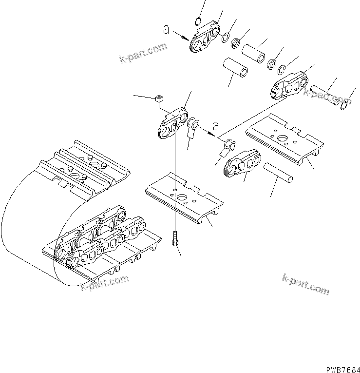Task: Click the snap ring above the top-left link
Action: (x=198, y=20)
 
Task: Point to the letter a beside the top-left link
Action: (x=167, y=30)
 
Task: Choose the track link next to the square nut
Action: (x=172, y=124)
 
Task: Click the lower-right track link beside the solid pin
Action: (x=242, y=165)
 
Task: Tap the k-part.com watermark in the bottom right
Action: (x=305, y=284)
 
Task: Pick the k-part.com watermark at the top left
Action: (x=142, y=54)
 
